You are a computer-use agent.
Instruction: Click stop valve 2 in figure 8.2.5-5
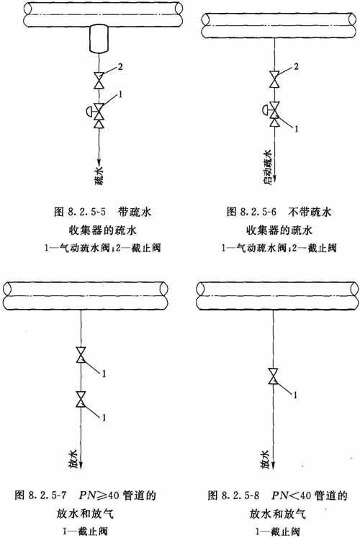99,81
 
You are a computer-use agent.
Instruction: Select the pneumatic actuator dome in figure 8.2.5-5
89,111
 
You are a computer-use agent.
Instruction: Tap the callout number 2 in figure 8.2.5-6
296,66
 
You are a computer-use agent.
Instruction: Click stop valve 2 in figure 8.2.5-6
274,79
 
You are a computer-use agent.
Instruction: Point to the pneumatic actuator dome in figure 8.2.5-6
266,109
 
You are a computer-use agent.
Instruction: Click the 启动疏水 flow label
267,167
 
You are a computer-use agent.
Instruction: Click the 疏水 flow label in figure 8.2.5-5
99,176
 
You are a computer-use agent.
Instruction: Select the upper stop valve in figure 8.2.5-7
81,355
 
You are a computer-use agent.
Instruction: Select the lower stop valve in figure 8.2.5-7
81,399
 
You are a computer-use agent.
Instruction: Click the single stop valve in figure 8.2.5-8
274,377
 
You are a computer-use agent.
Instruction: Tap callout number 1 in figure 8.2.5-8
295,395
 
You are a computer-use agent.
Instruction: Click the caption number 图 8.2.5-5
80,211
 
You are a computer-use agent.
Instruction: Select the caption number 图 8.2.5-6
251,211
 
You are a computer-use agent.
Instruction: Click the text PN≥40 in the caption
99,496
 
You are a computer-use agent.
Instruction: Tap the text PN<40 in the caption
292,496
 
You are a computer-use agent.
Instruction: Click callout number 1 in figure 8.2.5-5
120,94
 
